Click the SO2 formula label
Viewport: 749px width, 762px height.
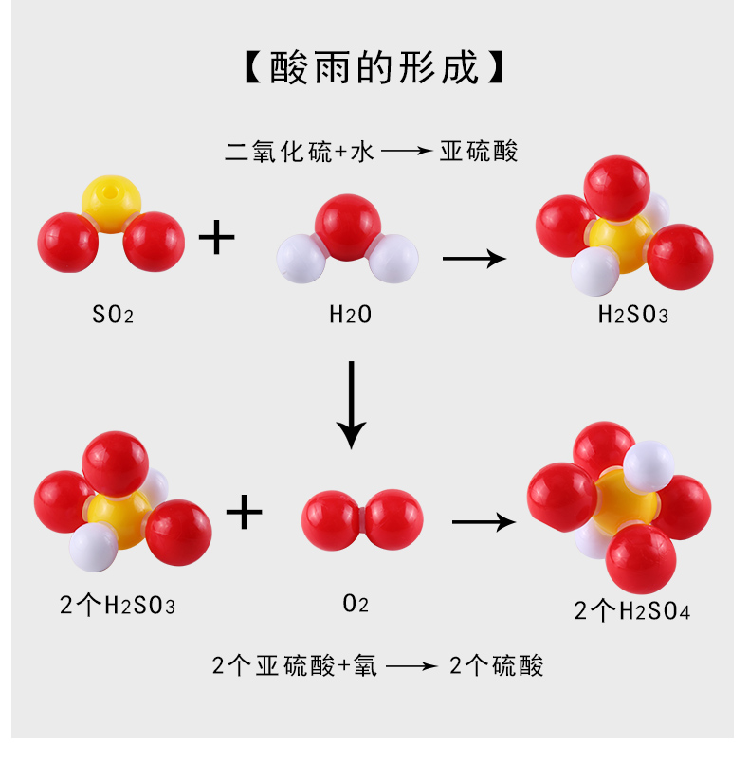coord(113,315)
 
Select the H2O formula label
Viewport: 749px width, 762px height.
coord(350,315)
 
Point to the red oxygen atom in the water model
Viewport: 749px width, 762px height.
coord(348,225)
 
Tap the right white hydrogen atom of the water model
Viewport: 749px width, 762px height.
coord(393,259)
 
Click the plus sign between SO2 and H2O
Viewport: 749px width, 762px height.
coord(216,237)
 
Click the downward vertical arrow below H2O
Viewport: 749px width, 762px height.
coord(352,403)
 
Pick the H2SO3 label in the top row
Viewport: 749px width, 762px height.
coord(632,315)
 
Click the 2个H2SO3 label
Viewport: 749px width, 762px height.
coord(118,605)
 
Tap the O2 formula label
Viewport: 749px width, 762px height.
coord(356,605)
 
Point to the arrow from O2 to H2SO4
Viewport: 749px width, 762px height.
coord(484,521)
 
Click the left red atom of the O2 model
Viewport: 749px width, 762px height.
coord(331,517)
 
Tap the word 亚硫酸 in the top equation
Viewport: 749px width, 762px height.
coord(479,151)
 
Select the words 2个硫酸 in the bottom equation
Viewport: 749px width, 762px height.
coord(496,665)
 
